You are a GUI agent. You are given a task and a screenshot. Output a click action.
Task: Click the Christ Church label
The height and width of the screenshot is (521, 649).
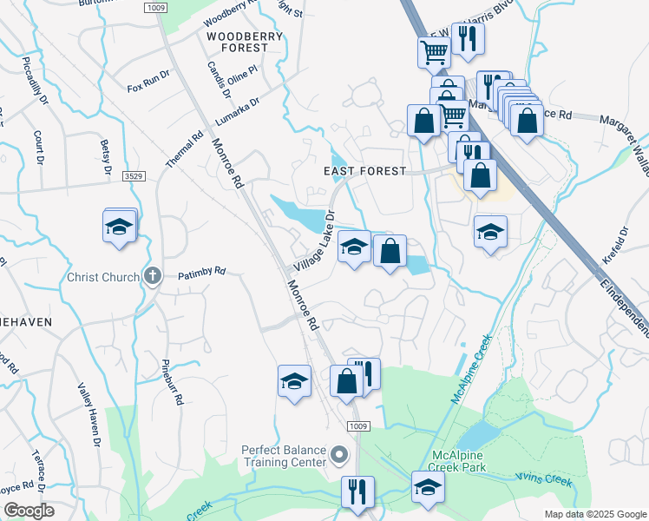click(103, 278)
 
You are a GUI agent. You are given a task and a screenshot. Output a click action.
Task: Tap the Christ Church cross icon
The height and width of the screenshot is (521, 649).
click(153, 277)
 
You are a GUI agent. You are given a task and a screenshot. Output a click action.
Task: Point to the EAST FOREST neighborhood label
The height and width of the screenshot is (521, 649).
click(364, 171)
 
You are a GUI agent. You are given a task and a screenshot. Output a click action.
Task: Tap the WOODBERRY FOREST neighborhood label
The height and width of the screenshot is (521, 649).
click(239, 42)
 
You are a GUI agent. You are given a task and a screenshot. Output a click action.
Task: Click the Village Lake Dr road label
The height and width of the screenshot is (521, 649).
click(313, 241)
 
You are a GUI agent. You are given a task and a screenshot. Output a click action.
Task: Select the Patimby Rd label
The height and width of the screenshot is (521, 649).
click(201, 273)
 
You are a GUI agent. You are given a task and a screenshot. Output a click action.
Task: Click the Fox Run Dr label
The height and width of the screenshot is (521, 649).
click(148, 82)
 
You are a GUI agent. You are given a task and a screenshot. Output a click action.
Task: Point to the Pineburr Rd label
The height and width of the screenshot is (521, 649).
click(173, 382)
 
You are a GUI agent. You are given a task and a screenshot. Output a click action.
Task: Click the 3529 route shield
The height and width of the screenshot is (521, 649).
click(133, 176)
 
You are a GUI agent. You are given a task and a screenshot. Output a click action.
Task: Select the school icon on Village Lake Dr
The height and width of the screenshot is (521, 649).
click(353, 247)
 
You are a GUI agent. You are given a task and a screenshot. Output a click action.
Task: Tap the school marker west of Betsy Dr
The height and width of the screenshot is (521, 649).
click(119, 228)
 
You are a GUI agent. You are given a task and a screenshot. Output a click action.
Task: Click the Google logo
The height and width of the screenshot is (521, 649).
click(29, 511)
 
